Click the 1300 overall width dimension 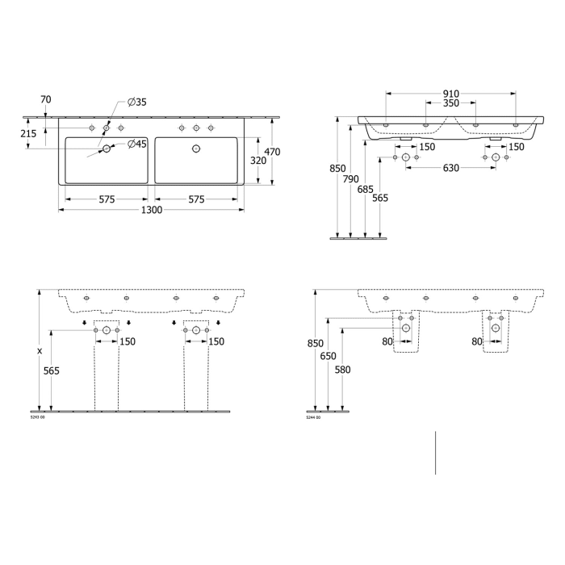152,210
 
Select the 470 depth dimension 273,151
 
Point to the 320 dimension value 257,161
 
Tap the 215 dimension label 27,134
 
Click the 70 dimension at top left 46,99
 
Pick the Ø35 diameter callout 136,102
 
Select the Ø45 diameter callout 136,144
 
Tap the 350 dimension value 450,104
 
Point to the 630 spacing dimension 450,168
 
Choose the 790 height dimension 350,179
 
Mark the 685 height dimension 366,189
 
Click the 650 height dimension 328,356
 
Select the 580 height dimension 344,370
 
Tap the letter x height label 38,351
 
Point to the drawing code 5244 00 313,417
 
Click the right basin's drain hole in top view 195,148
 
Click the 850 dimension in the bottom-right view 315,343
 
